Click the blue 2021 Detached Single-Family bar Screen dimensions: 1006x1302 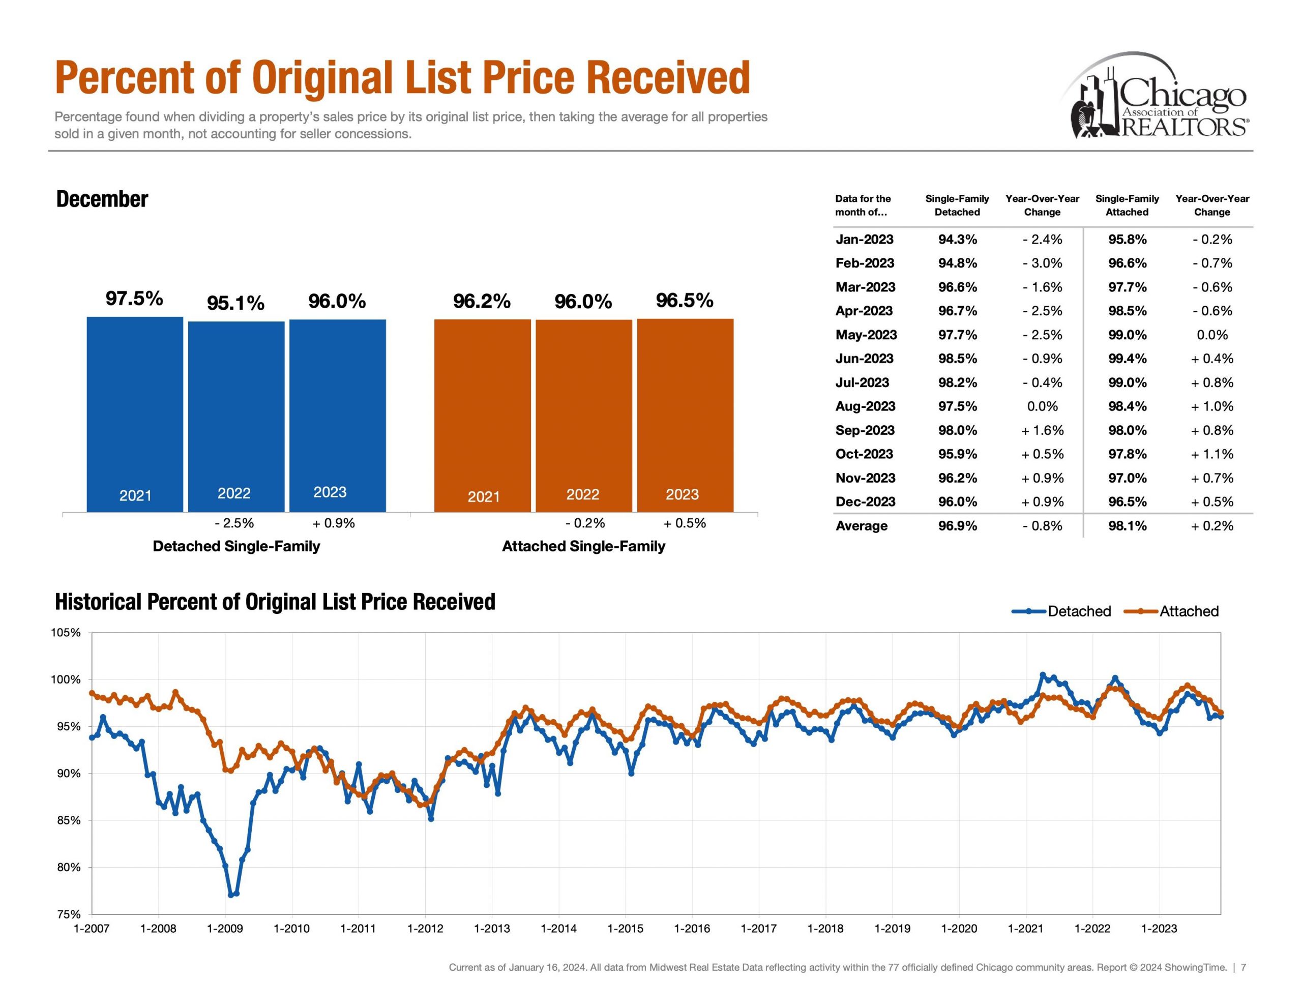click(x=135, y=414)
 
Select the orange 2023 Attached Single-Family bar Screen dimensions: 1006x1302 click(x=685, y=415)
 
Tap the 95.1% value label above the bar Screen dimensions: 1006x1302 click(x=235, y=303)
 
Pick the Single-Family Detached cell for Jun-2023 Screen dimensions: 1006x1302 click(x=957, y=359)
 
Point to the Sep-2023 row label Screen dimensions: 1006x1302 click(x=865, y=430)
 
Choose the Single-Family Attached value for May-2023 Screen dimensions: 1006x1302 click(x=1127, y=335)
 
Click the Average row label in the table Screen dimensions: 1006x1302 click(x=862, y=525)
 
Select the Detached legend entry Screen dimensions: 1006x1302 click(x=1062, y=611)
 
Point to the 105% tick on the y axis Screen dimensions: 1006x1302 click(x=66, y=633)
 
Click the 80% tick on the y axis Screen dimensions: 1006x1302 click(x=69, y=867)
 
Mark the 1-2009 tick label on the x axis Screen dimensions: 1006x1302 click(x=225, y=929)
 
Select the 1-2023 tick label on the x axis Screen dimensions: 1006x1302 click(x=1159, y=929)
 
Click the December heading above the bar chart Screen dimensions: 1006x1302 click(x=102, y=199)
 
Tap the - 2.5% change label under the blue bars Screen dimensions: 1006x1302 click(x=234, y=523)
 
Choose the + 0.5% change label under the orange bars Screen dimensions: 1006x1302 click(x=685, y=523)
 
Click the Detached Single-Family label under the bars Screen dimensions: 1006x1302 click(x=236, y=546)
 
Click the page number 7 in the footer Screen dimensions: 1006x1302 click(x=1244, y=967)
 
